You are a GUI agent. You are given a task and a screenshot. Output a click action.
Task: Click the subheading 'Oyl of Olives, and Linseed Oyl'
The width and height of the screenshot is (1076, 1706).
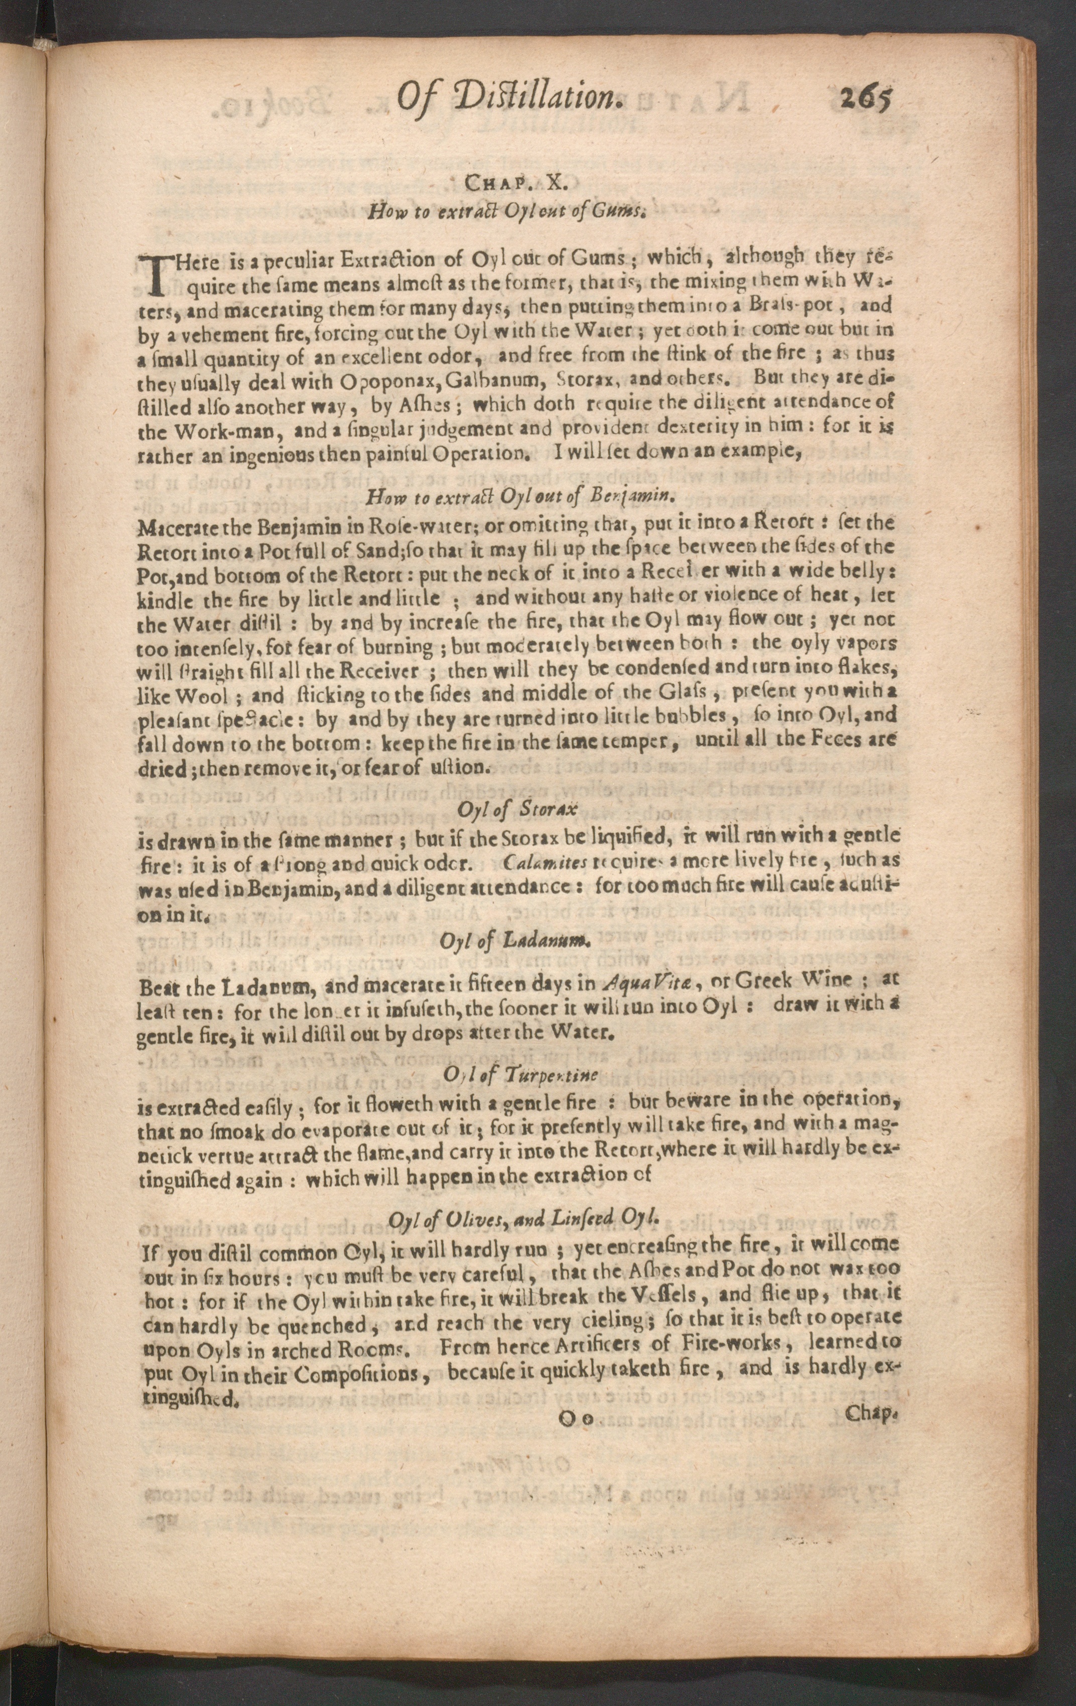tap(524, 1218)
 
